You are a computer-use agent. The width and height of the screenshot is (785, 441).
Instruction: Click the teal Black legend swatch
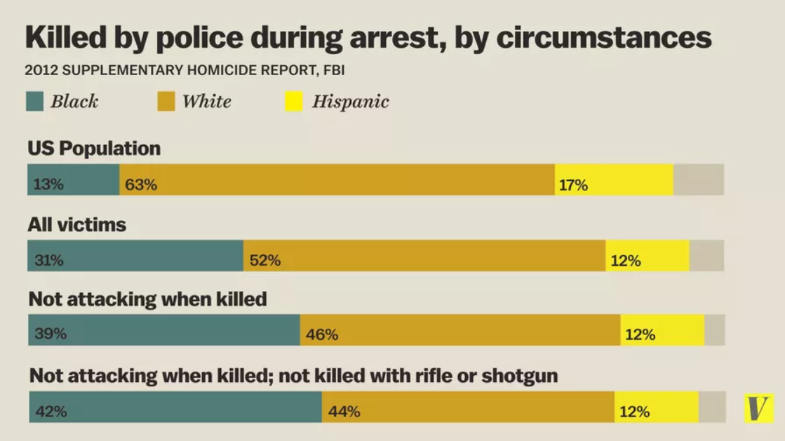[x=35, y=102]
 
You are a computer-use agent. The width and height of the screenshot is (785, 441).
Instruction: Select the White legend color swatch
[x=166, y=102]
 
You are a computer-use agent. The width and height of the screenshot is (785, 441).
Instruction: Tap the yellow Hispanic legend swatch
[x=294, y=102]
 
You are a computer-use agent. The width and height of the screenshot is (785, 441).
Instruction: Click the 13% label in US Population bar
[x=49, y=185]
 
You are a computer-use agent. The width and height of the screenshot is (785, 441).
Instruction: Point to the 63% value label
[x=142, y=185]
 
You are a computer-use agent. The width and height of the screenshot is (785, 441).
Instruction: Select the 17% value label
[x=573, y=185]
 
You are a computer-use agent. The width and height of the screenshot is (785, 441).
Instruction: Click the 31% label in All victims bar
[x=49, y=260]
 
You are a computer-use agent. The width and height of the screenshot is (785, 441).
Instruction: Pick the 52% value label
[x=265, y=260]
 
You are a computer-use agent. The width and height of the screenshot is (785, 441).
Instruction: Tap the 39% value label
[x=51, y=334]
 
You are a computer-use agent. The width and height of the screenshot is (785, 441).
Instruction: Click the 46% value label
[x=322, y=334]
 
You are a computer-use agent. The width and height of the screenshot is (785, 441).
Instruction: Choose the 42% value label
[x=51, y=412]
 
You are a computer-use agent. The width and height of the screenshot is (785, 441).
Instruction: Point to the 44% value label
[x=344, y=412]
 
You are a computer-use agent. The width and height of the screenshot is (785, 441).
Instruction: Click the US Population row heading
[x=94, y=149]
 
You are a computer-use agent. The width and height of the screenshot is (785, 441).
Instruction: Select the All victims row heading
[x=77, y=224]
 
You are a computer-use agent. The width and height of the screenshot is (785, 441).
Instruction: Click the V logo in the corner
[x=758, y=408]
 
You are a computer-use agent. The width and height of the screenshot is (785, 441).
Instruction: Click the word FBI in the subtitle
[x=333, y=70]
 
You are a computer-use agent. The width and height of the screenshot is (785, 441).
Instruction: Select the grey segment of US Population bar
[x=698, y=179]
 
